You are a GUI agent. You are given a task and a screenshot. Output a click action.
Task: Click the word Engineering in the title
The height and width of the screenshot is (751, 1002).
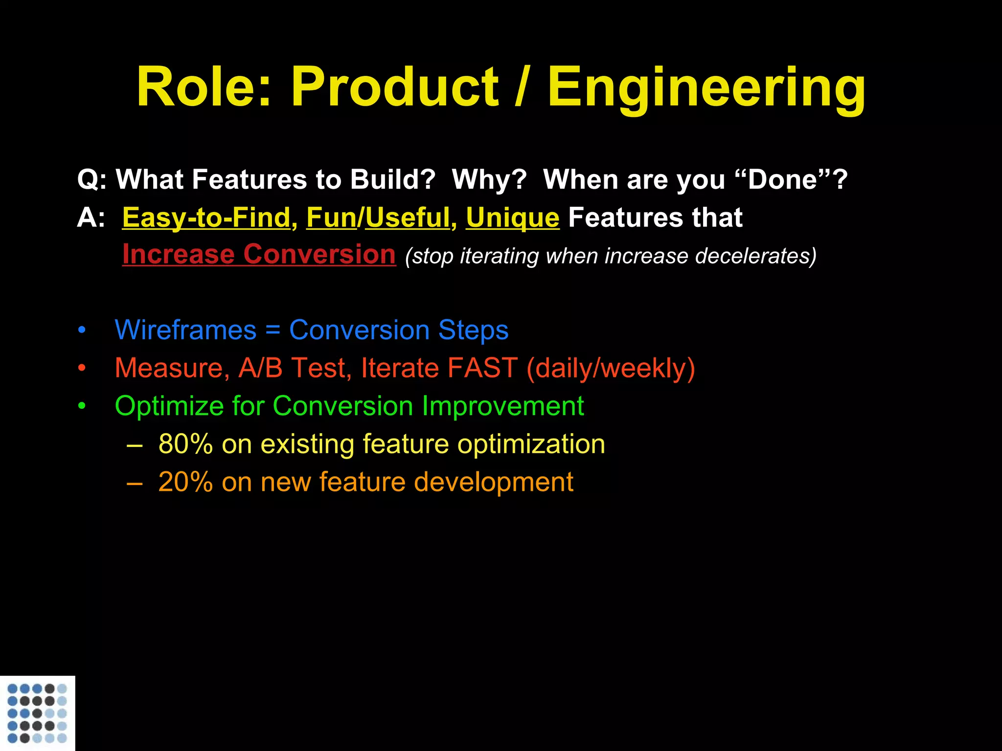pyautogui.click(x=706, y=88)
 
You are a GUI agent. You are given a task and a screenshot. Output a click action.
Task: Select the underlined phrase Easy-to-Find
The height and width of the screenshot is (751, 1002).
pyautogui.click(x=206, y=218)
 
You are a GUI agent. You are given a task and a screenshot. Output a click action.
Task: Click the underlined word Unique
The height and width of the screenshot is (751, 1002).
pyautogui.click(x=512, y=218)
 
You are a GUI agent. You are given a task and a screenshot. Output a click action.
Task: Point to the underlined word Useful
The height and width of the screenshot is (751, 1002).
pyautogui.click(x=408, y=218)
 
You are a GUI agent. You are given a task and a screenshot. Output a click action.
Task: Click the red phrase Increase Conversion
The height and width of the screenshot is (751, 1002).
pyautogui.click(x=259, y=254)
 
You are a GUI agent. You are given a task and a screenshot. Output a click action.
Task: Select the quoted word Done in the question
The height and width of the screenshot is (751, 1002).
pyautogui.click(x=782, y=179)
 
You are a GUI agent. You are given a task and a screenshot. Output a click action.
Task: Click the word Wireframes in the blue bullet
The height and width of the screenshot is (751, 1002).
pyautogui.click(x=185, y=330)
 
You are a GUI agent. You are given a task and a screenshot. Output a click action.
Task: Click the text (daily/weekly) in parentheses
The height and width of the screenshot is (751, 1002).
pyautogui.click(x=611, y=368)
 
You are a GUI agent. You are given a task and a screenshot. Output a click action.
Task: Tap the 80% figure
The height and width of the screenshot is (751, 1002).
pyautogui.click(x=185, y=444)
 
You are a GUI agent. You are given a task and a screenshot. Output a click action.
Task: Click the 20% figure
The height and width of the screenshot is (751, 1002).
pyautogui.click(x=185, y=482)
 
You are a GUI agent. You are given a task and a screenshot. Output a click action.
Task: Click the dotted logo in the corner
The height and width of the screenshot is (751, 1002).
pyautogui.click(x=37, y=713)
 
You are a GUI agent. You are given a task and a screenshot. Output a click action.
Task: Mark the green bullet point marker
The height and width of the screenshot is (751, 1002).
pyautogui.click(x=82, y=406)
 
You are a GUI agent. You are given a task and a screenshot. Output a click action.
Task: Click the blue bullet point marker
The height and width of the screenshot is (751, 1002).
pyautogui.click(x=82, y=330)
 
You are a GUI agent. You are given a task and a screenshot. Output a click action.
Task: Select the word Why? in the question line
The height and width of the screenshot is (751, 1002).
pyautogui.click(x=489, y=179)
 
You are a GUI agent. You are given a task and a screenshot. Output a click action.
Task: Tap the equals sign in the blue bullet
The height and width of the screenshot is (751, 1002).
pyautogui.click(x=273, y=330)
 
